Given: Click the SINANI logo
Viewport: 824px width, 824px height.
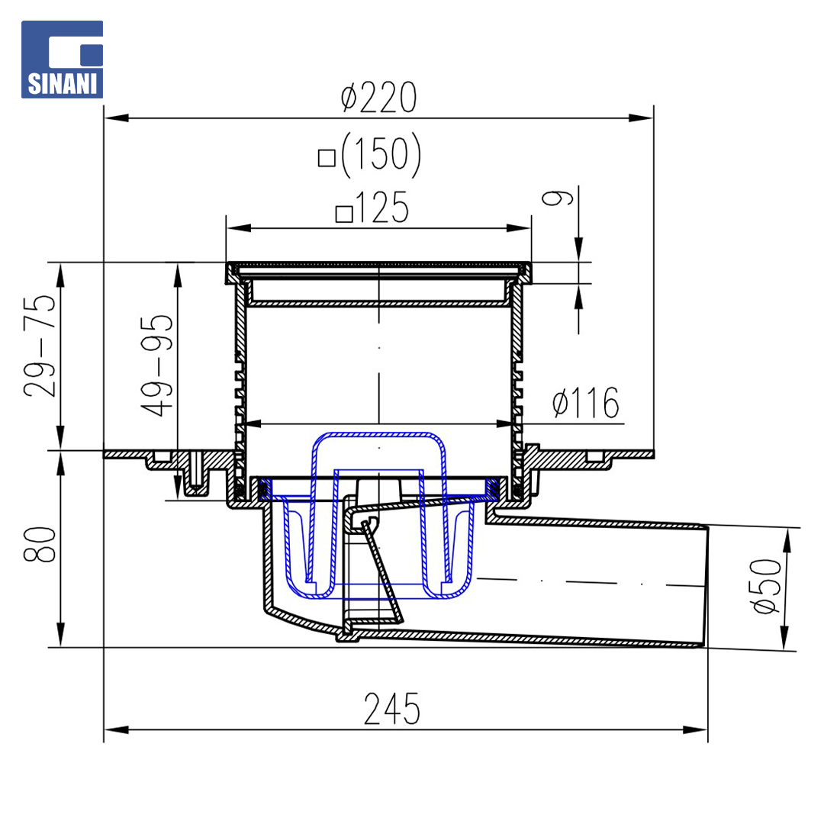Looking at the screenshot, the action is pyautogui.click(x=62, y=60).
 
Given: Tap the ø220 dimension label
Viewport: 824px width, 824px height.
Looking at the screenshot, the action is pyautogui.click(x=378, y=97).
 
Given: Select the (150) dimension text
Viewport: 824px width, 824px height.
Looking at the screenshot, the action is pyautogui.click(x=381, y=154).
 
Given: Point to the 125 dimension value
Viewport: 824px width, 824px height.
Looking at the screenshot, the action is pyautogui.click(x=382, y=208).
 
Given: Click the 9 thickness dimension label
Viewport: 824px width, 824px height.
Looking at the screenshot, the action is pyautogui.click(x=557, y=198).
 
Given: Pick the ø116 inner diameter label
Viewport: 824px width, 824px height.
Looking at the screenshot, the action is pyautogui.click(x=586, y=403).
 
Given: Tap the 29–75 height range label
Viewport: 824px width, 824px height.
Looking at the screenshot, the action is pyautogui.click(x=40, y=346).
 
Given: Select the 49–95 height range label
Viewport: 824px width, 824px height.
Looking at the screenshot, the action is pyautogui.click(x=156, y=365).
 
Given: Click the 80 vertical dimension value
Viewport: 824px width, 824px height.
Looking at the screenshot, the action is pyautogui.click(x=40, y=545).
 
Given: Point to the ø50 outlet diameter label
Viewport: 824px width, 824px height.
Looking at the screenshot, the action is pyautogui.click(x=766, y=585).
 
